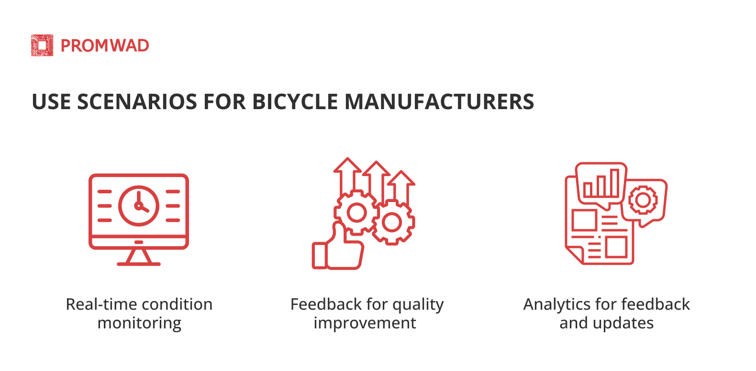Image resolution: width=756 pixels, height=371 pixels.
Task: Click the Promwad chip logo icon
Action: (x=42, y=45)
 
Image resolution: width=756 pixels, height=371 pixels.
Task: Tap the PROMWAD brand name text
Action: (x=105, y=46)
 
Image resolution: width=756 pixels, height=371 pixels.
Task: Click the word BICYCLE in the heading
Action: (x=295, y=101)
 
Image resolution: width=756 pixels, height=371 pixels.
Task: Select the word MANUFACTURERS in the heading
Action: (x=439, y=101)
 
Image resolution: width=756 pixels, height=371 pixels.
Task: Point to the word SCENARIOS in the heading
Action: (x=137, y=101)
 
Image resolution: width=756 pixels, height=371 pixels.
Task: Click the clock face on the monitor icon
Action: (x=139, y=205)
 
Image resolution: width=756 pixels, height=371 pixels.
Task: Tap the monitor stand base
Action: (x=139, y=264)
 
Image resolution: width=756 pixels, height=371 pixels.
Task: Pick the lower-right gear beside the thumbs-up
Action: (x=392, y=223)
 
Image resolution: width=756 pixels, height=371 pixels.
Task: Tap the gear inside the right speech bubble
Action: (x=643, y=200)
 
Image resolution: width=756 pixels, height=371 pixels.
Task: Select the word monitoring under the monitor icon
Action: (x=139, y=324)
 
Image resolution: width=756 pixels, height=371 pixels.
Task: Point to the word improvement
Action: (x=365, y=324)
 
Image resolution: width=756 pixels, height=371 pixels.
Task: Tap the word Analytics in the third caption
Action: (x=557, y=304)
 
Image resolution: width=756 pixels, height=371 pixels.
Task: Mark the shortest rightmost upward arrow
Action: (x=401, y=188)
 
